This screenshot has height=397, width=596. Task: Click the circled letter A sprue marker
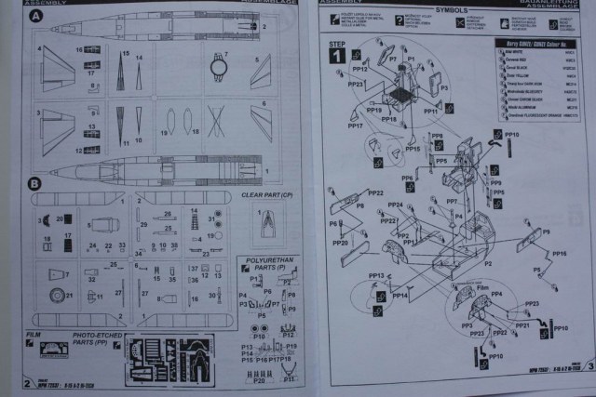[35, 18]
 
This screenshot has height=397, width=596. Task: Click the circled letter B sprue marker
[35, 183]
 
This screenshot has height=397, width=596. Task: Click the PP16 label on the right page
[558, 254]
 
